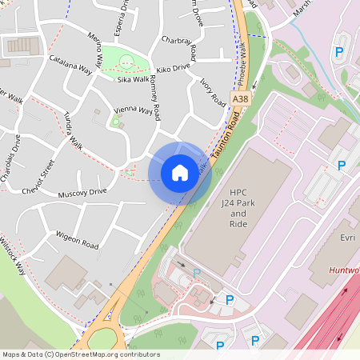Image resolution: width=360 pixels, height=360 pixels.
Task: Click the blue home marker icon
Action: (180, 173)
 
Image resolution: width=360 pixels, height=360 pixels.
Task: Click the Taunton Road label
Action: (227, 134)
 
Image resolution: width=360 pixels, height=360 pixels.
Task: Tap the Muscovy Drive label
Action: (82, 193)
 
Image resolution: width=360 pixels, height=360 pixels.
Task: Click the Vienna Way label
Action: (133, 110)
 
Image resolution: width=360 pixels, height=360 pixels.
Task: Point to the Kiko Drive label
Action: (173, 69)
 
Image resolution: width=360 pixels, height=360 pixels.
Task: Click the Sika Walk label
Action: (134, 79)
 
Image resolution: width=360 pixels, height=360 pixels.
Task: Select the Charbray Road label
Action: (178, 48)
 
